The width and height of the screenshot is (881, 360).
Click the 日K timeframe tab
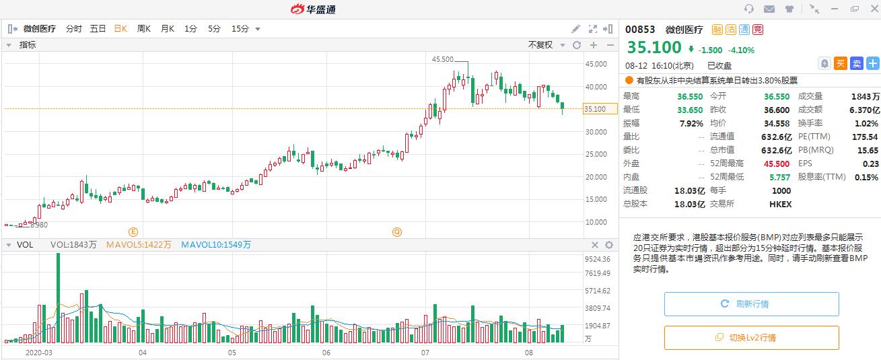[120, 29]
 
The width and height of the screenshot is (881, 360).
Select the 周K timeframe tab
[143, 29]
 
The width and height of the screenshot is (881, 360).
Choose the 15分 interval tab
[240, 29]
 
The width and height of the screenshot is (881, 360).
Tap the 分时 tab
[73, 29]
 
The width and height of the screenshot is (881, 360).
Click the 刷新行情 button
[751, 304]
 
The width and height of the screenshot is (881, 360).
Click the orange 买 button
[841, 63]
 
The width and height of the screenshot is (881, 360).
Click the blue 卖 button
[856, 63]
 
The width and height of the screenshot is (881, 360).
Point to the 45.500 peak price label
[442, 59]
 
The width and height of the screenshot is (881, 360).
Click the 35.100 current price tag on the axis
[596, 109]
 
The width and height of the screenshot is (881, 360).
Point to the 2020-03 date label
[38, 353]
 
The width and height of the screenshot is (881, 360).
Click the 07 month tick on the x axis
[425, 353]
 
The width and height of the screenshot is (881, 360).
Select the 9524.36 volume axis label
[598, 259]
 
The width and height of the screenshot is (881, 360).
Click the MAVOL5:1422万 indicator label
[139, 245]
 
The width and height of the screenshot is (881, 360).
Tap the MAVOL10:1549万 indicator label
[216, 245]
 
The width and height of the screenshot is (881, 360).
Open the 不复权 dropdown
[544, 45]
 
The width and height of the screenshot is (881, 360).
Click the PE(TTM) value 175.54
[865, 137]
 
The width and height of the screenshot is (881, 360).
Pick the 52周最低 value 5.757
[781, 177]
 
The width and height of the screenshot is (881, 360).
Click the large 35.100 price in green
[654, 48]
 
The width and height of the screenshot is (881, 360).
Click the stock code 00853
[640, 30]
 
